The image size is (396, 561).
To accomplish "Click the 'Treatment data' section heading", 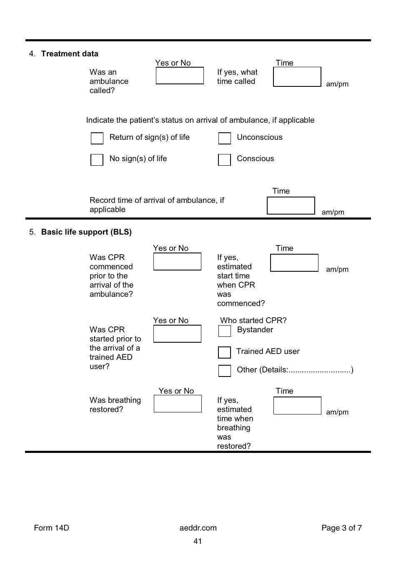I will click(x=70, y=54).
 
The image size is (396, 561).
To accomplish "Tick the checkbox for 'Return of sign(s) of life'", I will click(x=97, y=138).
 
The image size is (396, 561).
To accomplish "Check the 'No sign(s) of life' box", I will click(x=97, y=159).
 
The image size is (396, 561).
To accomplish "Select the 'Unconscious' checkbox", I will click(x=225, y=138).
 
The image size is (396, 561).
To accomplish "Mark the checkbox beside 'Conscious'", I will click(x=224, y=159).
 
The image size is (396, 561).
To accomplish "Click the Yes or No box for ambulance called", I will click(x=180, y=76).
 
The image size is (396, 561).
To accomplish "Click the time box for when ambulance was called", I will click(x=297, y=77).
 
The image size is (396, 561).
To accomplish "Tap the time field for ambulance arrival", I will click(x=291, y=205).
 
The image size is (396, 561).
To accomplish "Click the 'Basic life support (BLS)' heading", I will click(x=86, y=232).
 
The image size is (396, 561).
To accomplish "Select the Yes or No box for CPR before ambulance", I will click(x=177, y=261).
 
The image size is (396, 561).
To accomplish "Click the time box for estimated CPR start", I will click(x=294, y=263).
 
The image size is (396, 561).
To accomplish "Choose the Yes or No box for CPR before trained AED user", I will click(x=177, y=334).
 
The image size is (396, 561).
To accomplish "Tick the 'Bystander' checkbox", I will click(x=225, y=331).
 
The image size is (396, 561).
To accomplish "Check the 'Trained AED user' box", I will click(x=224, y=352).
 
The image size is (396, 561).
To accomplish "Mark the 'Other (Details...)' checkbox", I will click(x=225, y=371).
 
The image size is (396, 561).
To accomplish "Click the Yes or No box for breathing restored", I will click(x=178, y=404).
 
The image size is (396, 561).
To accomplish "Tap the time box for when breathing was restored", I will click(x=297, y=405).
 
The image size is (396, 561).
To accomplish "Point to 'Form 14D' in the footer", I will click(x=51, y=528).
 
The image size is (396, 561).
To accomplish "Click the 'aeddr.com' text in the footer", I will click(x=198, y=528).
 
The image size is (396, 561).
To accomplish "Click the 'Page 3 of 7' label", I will click(x=341, y=528).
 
